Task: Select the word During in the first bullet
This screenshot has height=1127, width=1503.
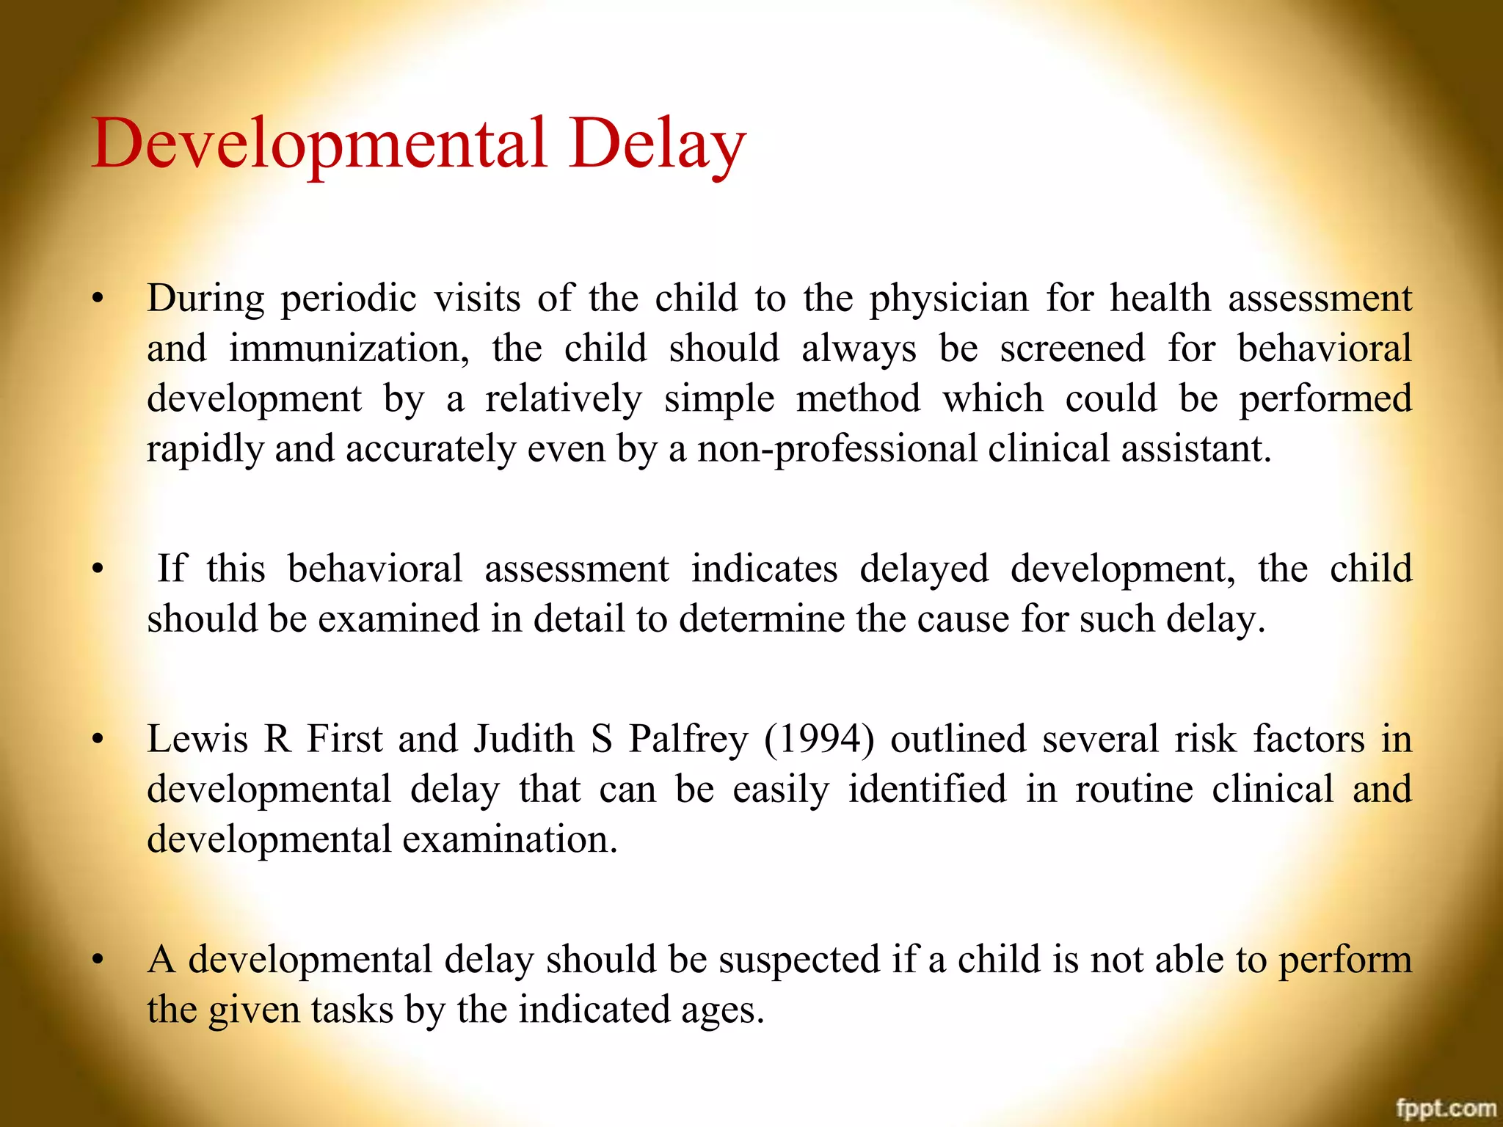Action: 205,299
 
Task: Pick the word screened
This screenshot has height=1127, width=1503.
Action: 1072,349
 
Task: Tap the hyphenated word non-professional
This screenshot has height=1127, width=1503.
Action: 837,449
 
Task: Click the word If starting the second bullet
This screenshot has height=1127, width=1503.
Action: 172,569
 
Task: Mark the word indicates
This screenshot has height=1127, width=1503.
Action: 764,569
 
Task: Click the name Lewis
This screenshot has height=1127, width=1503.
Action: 197,739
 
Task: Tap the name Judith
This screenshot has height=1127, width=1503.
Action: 523,739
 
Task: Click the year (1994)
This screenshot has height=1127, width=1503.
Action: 819,739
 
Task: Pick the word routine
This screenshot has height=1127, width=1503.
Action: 1134,789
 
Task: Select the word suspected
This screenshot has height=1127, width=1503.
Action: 798,960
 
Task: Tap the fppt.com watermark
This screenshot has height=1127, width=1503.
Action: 1446,1108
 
